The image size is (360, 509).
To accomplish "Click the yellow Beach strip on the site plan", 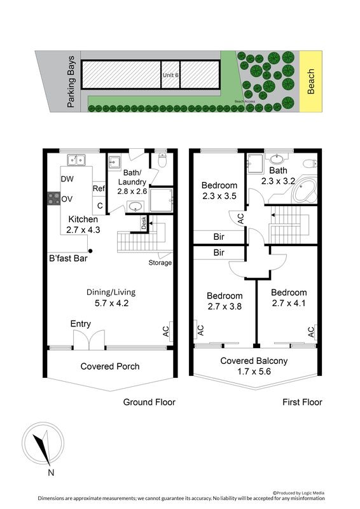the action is click(310, 81).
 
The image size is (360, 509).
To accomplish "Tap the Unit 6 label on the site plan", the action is click(170, 75).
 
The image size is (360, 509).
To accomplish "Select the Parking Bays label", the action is click(71, 81).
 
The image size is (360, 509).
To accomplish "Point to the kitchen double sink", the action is click(76, 160).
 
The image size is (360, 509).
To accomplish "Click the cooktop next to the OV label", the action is click(53, 199).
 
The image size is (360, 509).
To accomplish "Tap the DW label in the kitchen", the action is click(67, 179).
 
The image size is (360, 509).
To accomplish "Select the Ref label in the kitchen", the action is click(99, 188).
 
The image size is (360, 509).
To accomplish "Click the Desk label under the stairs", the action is click(144, 223).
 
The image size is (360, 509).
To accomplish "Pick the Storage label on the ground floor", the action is click(160, 263).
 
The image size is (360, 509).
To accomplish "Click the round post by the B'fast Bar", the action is click(90, 251).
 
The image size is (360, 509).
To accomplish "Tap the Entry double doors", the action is click(89, 340).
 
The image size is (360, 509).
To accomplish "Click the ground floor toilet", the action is click(162, 160).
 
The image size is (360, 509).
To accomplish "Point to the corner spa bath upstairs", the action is click(304, 190).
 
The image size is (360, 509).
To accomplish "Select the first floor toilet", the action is click(310, 163).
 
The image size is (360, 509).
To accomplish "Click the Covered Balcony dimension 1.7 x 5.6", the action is click(254, 372).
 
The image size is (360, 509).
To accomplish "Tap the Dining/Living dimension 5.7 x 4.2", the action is click(112, 303).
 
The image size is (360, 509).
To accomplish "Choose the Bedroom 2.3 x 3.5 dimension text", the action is click(219, 196).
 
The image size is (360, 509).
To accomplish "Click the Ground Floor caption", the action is click(149, 402).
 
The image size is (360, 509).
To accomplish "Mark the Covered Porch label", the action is click(110, 366).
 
